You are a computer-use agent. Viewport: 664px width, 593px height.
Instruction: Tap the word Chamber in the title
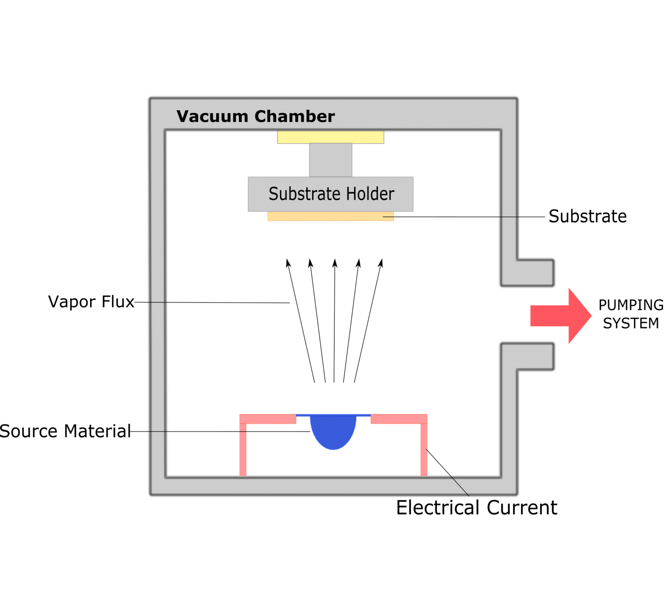coord(294,117)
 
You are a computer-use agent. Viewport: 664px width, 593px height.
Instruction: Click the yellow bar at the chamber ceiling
coord(331,137)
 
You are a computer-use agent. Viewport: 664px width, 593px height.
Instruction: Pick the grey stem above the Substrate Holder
coord(331,160)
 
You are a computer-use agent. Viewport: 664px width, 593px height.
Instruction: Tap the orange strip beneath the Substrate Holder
coord(331,216)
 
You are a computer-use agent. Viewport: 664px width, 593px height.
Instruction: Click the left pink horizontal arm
coord(268,419)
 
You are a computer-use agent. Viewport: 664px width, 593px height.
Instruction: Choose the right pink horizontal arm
coord(399,419)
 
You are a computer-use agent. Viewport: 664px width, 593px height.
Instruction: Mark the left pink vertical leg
coord(243,450)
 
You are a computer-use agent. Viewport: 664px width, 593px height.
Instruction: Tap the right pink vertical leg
coord(424,450)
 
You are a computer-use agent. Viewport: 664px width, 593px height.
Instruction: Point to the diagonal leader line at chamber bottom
coord(459,485)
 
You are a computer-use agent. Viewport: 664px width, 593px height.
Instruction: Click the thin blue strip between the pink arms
coord(333,415)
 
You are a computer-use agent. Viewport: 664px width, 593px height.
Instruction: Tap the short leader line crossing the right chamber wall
coord(509,217)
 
